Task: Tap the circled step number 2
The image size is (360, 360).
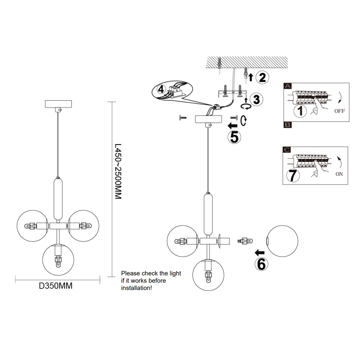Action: click(x=262, y=77)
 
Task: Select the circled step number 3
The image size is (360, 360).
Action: click(x=256, y=99)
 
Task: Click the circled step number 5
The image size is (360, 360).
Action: click(x=234, y=137)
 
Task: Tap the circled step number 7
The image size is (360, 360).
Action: click(x=293, y=175)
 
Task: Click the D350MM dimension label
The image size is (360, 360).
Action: click(x=56, y=286)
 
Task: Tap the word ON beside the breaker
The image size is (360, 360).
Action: click(x=339, y=174)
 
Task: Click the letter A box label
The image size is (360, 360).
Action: click(x=287, y=86)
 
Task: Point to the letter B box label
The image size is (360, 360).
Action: click(x=287, y=125)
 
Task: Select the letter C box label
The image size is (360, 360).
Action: click(x=287, y=150)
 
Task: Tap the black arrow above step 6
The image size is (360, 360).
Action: click(x=260, y=252)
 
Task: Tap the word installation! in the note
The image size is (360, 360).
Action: click(x=137, y=288)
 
